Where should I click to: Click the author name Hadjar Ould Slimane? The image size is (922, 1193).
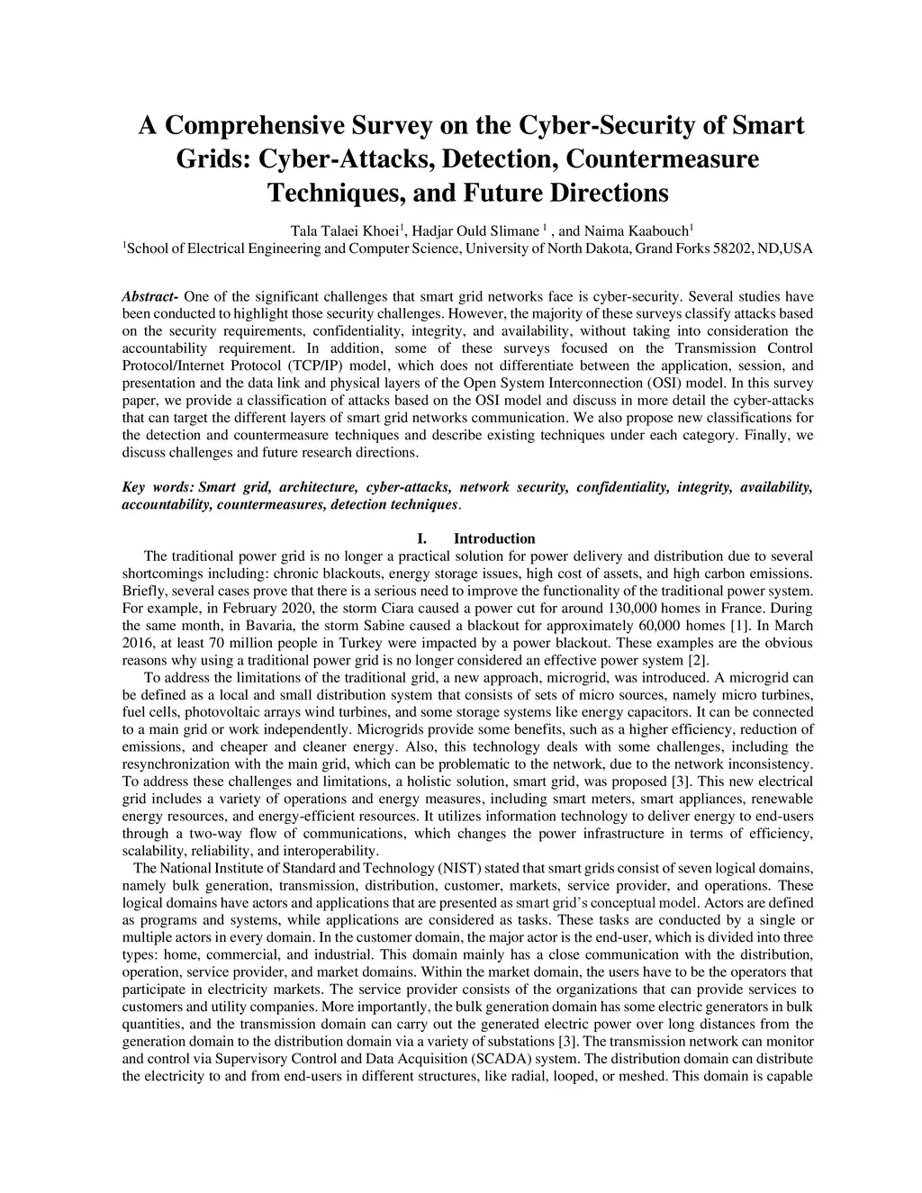point(475,230)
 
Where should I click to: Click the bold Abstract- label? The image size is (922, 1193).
point(150,296)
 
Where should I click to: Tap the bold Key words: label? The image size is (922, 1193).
point(158,487)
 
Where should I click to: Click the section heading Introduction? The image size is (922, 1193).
point(494,538)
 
